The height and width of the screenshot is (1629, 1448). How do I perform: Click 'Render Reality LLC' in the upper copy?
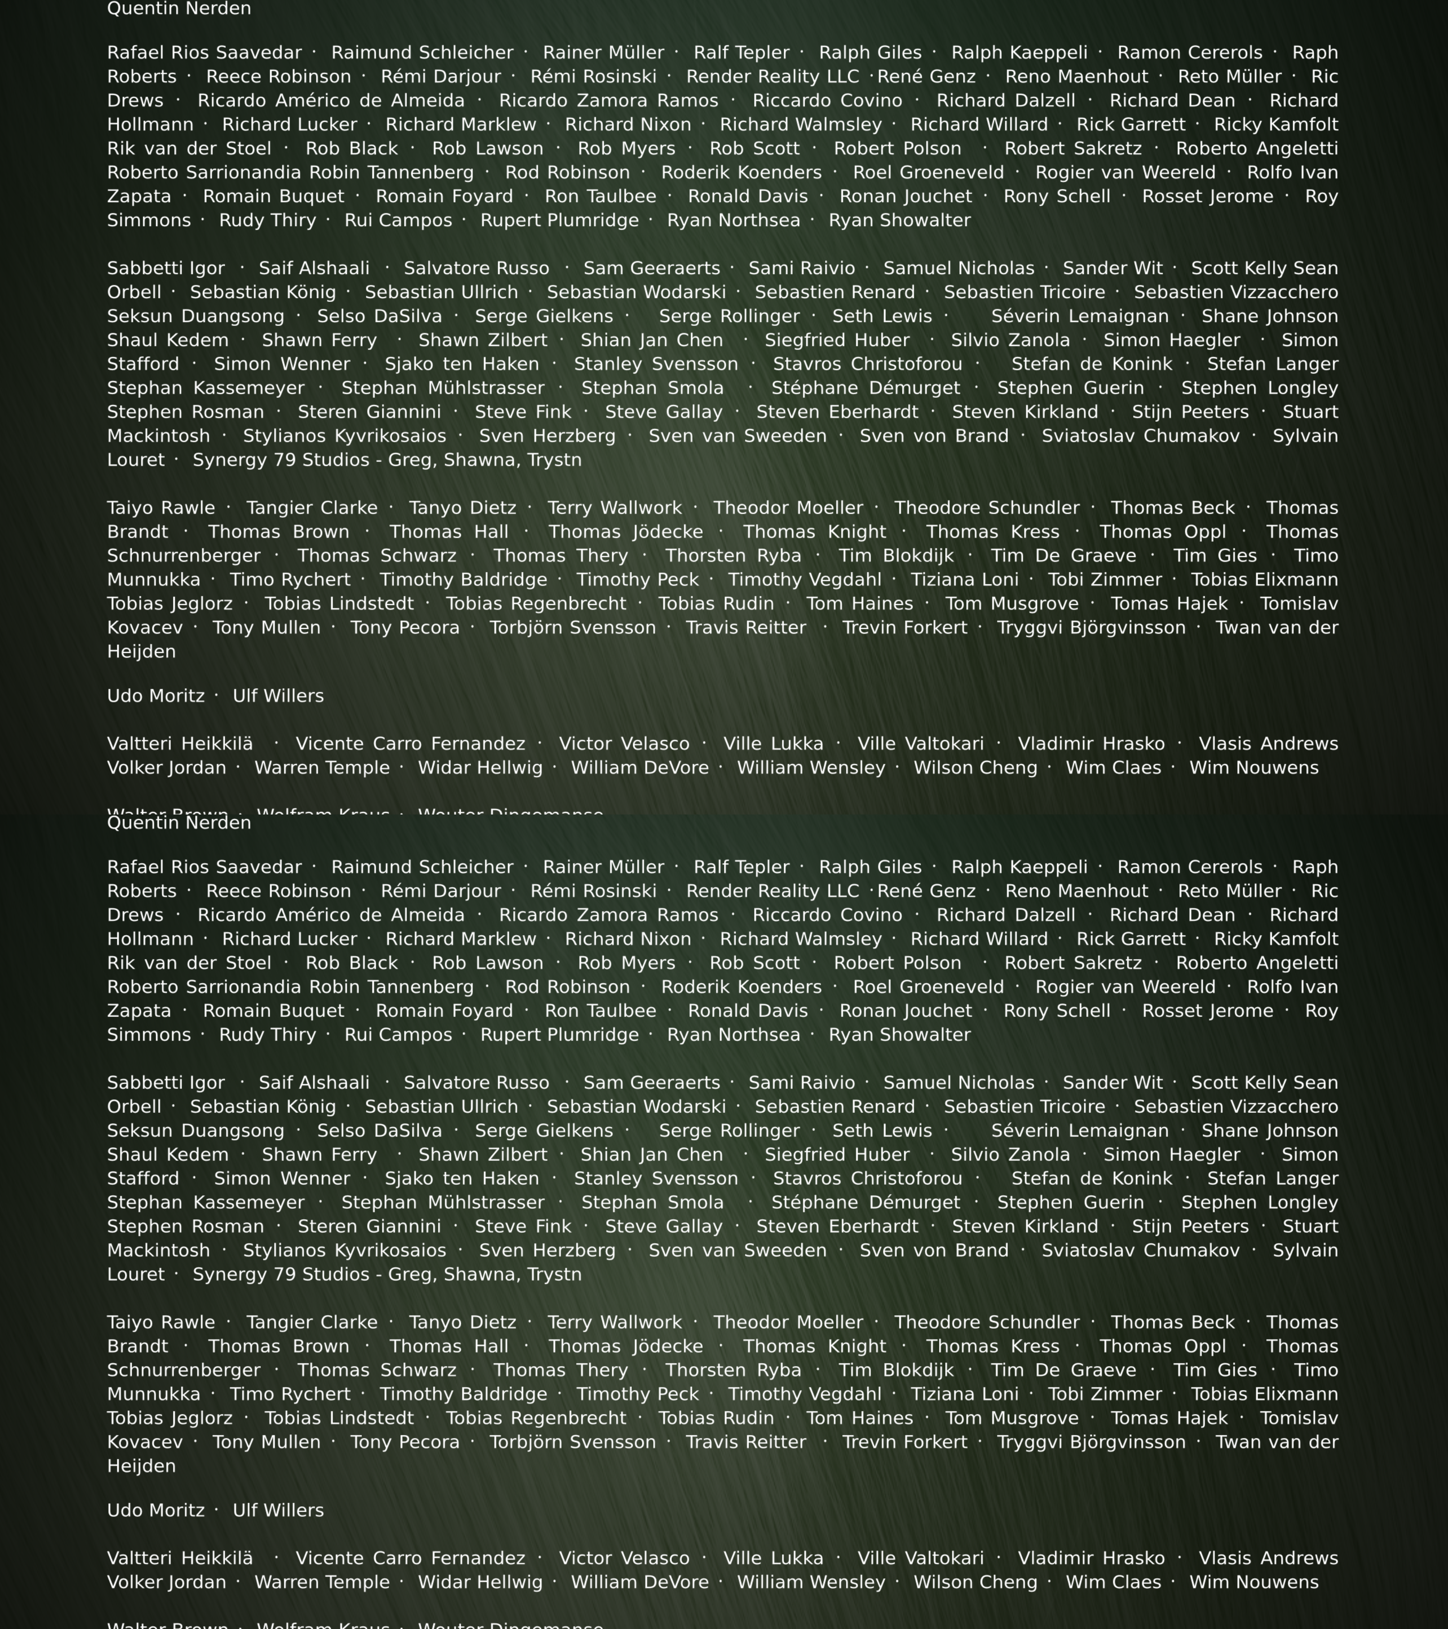pos(772,76)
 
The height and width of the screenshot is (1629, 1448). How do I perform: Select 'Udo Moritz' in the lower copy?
pos(155,1510)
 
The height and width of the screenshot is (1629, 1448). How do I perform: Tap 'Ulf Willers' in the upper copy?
pos(278,696)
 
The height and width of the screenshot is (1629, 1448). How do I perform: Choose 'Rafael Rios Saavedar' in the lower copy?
pos(204,867)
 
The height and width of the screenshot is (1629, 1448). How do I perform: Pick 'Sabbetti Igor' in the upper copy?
pos(166,269)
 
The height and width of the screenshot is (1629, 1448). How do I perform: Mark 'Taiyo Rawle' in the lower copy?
pos(161,1322)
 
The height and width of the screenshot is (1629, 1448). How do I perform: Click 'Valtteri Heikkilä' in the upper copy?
pos(180,744)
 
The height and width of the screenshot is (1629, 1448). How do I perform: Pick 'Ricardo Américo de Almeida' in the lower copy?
pos(331,915)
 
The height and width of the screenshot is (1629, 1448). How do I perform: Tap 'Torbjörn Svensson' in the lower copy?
pos(572,1442)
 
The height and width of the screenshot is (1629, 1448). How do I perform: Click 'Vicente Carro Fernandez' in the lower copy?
pos(411,1558)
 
